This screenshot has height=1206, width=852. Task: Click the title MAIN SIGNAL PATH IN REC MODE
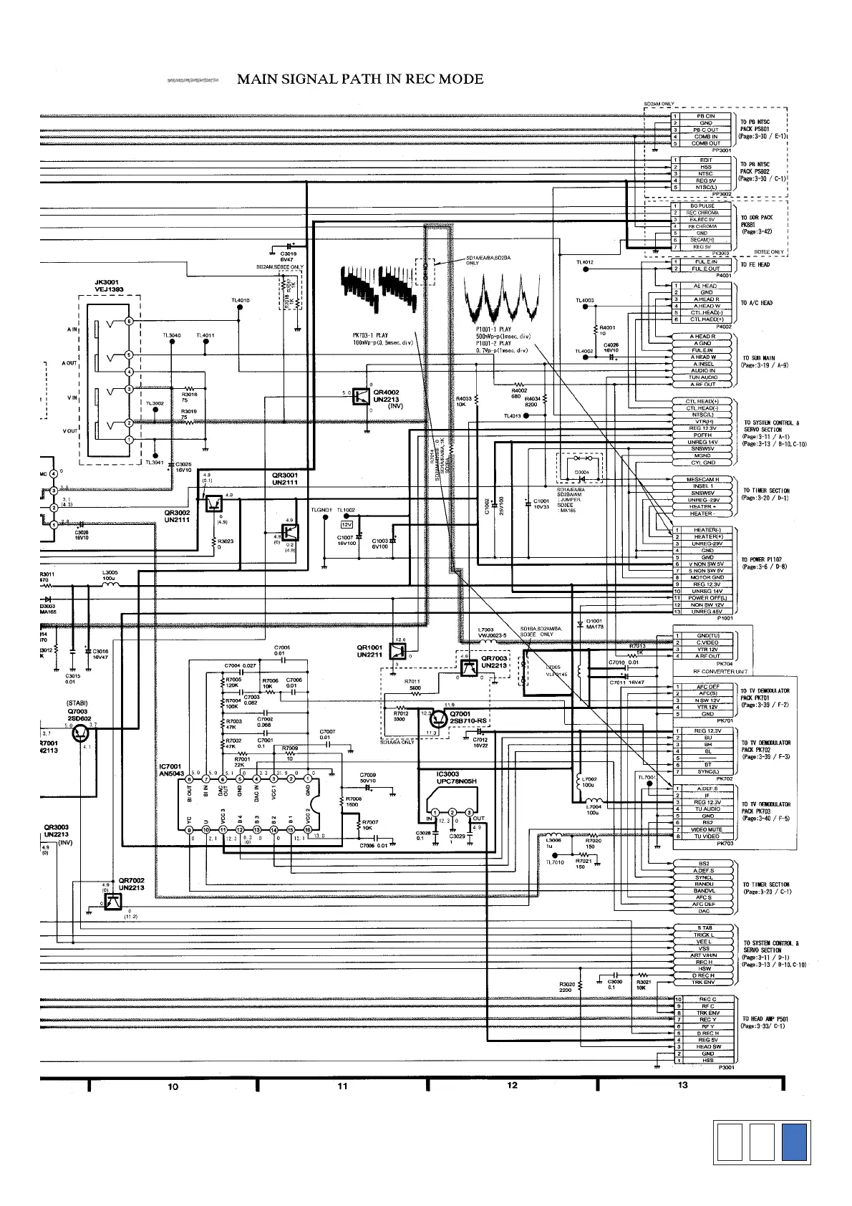pyautogui.click(x=359, y=79)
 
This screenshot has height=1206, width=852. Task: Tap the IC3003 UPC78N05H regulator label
pyautogui.click(x=456, y=778)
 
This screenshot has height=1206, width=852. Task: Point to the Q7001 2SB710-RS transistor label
pyautogui.click(x=469, y=717)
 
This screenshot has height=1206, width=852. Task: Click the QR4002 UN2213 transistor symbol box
pyautogui.click(x=362, y=396)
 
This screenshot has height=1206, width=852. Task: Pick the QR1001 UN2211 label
pyautogui.click(x=371, y=651)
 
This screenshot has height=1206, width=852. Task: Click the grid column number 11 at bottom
pyautogui.click(x=342, y=1086)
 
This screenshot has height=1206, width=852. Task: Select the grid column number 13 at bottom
pyautogui.click(x=682, y=1084)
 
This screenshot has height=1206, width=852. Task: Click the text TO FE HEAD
pyautogui.click(x=755, y=265)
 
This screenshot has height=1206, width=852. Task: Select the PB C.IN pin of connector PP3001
pyautogui.click(x=705, y=116)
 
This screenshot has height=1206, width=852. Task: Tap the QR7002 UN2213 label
pyautogui.click(x=132, y=884)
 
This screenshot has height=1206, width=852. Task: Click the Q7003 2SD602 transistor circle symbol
pyautogui.click(x=82, y=733)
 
